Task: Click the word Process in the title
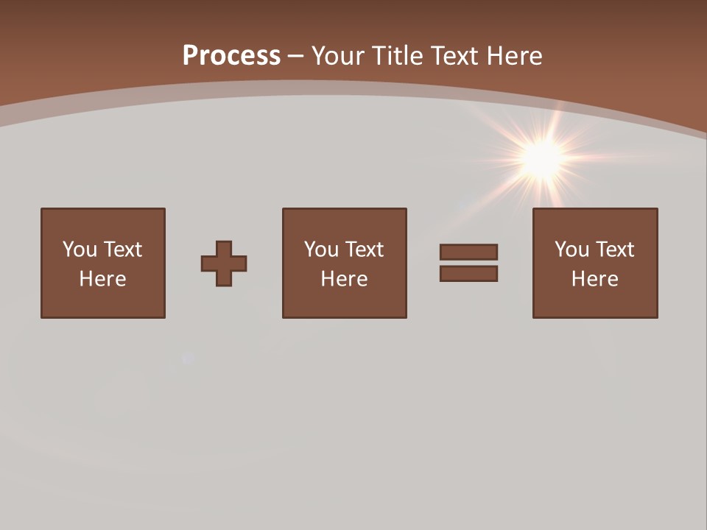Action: [x=231, y=56]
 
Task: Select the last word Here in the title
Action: [x=514, y=56]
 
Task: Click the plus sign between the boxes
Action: [x=224, y=264]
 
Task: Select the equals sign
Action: [x=468, y=263]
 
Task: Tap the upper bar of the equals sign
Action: [x=468, y=252]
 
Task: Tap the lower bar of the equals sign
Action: [x=468, y=273]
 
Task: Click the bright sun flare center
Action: [x=543, y=157]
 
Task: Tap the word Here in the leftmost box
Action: [x=102, y=279]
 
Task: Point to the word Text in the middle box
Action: [x=365, y=250]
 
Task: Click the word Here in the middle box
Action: [x=344, y=279]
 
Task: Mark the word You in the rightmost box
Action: [x=571, y=250]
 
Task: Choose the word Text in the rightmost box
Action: [x=615, y=250]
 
